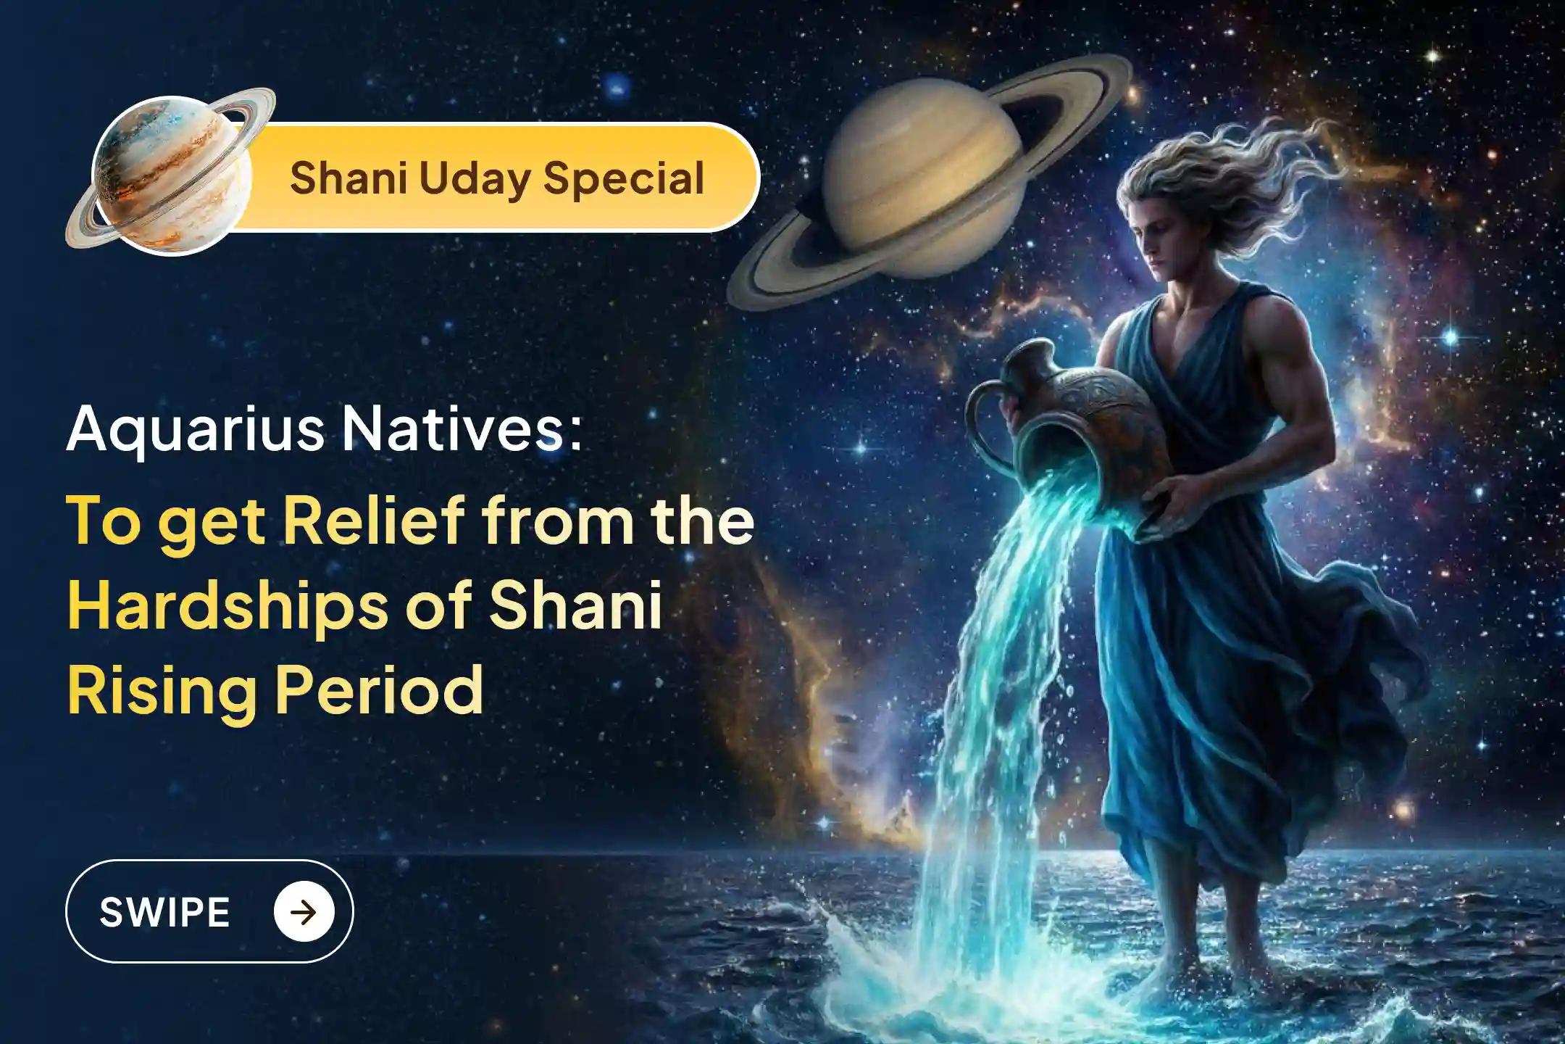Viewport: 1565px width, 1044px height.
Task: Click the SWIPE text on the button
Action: pyautogui.click(x=164, y=911)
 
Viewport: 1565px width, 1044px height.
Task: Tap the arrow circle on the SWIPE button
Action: pyautogui.click(x=304, y=911)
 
